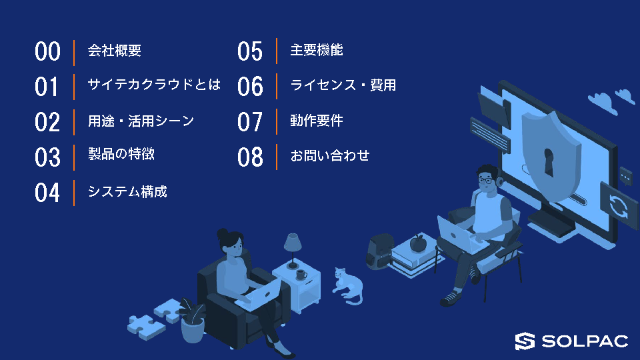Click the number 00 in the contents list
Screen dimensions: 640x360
47,51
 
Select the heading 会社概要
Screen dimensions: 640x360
114,51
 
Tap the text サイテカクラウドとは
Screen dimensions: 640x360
154,85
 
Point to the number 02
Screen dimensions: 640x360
47,122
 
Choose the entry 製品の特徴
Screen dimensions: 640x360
121,154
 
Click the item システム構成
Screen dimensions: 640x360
127,191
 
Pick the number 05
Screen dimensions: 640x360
250,51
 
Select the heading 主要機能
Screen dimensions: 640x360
316,50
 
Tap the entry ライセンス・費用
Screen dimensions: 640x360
343,85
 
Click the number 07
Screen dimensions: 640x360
250,122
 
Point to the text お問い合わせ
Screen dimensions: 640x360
330,155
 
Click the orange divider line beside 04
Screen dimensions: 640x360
74,193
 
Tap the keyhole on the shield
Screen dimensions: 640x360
549,162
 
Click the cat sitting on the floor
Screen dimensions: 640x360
348,286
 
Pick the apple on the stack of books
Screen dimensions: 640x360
418,243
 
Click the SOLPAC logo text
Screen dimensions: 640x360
585,341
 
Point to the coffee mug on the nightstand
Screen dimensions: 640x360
301,275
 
